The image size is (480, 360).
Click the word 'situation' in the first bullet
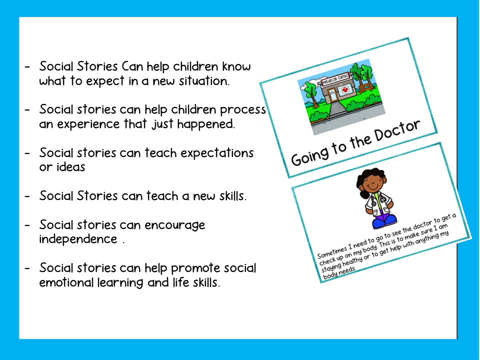(204, 81)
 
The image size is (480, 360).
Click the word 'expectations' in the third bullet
(217, 153)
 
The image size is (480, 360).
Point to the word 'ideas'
(70, 167)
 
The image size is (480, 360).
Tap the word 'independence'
(78, 239)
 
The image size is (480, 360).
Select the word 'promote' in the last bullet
(195, 269)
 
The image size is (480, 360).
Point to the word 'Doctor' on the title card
(397, 131)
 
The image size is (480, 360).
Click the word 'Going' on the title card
(310, 156)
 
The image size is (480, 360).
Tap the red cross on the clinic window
(345, 89)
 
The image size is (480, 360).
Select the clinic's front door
(332, 95)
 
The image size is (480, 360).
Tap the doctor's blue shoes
(384, 220)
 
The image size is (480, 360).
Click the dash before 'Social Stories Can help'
(27, 66)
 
